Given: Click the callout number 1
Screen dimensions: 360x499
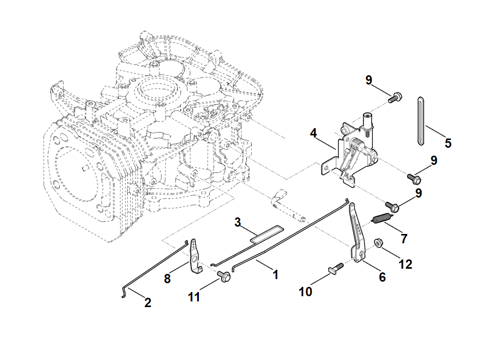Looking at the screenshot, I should click(x=276, y=274).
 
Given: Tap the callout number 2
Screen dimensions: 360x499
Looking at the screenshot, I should click(x=148, y=302).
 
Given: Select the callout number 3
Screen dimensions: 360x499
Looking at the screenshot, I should click(x=238, y=223).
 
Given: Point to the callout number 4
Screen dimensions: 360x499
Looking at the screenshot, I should click(x=314, y=133).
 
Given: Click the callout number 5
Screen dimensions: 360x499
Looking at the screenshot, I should click(x=448, y=143).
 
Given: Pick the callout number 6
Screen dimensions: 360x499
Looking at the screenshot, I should click(x=382, y=277).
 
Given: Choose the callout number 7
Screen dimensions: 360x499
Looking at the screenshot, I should click(x=404, y=239).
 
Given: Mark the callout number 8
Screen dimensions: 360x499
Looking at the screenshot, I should click(x=167, y=279).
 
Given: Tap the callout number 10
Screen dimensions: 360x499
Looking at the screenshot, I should click(x=306, y=292).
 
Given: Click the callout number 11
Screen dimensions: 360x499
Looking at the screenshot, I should click(x=194, y=297).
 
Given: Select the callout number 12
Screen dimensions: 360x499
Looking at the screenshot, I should click(x=406, y=264).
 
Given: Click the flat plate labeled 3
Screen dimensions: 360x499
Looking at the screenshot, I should click(x=267, y=233).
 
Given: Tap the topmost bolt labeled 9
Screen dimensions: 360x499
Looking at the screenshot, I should click(x=396, y=96).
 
